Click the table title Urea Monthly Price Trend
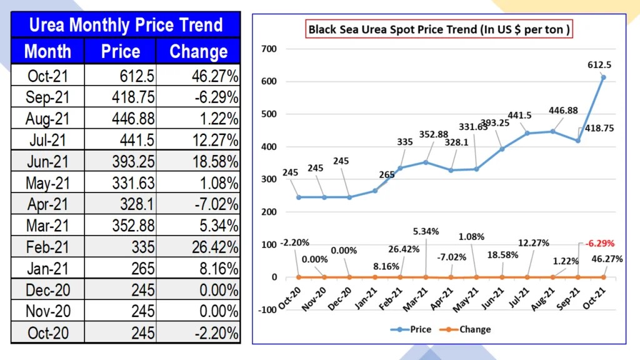[x=126, y=25]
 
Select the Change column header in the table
[x=198, y=51]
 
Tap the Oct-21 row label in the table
[x=47, y=76]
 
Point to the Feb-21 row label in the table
[x=47, y=247]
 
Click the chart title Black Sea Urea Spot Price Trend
[x=439, y=29]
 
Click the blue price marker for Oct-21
[x=604, y=77]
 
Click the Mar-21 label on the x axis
[x=419, y=293]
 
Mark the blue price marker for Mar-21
[x=426, y=162]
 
